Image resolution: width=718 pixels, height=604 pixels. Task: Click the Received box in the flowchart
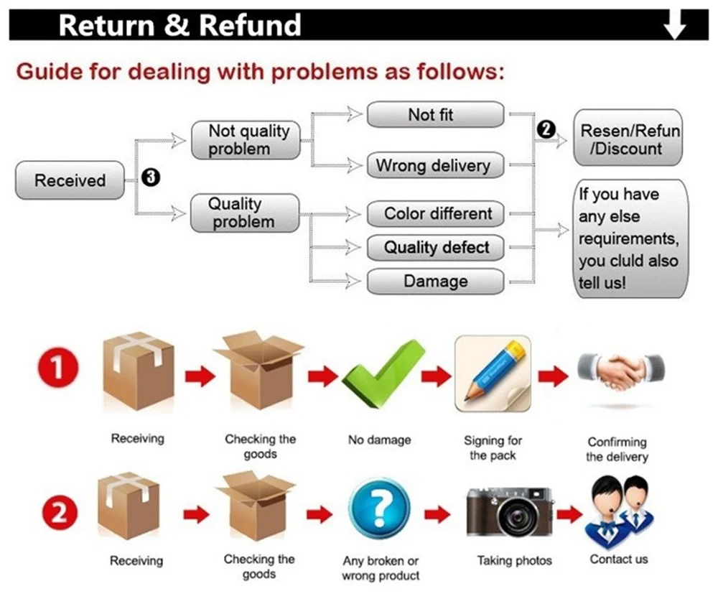(70, 180)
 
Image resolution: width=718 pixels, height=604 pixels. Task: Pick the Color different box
(435, 213)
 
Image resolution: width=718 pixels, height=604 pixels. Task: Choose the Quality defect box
(435, 248)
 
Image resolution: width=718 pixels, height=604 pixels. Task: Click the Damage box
(435, 282)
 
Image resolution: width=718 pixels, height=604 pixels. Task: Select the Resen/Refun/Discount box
(630, 139)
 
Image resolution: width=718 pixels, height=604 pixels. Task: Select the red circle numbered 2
(57, 513)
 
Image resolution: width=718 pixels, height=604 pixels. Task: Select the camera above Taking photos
(510, 511)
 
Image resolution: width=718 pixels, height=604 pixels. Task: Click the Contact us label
(618, 559)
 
